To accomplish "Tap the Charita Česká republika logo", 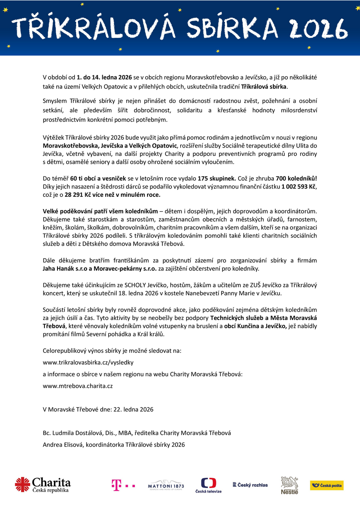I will coord(43,485).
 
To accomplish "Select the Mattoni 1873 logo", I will coord(166,486).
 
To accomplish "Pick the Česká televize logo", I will coord(208,485).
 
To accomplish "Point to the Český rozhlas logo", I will coord(250,485).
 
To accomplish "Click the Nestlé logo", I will coord(289,485).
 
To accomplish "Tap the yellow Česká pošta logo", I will coord(326,485).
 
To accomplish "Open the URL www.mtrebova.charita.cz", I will coord(78,385).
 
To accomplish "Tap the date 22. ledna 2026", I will coord(133,409).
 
